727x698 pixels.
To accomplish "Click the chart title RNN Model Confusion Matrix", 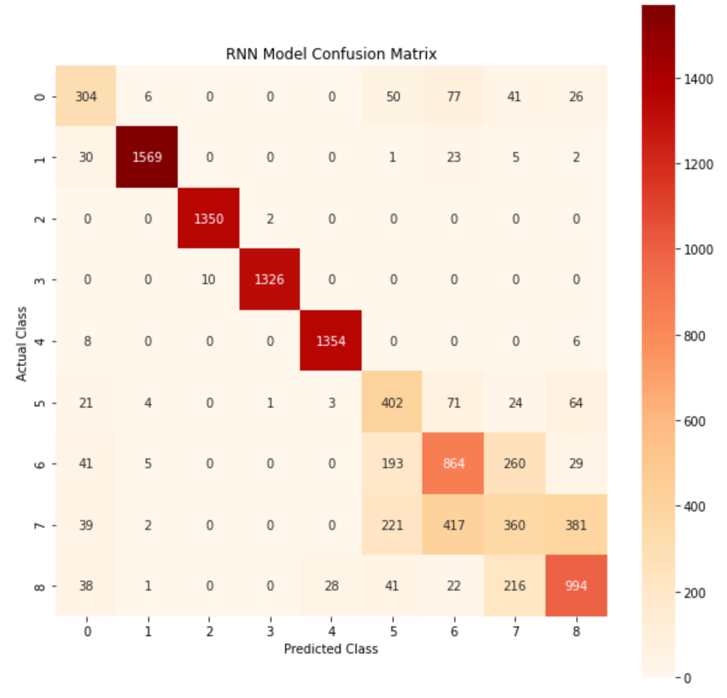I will tap(331, 54).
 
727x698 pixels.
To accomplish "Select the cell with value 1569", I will tap(147, 157).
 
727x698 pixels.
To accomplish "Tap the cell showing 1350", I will tap(209, 219).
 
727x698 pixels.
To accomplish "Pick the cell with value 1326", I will tap(269, 280).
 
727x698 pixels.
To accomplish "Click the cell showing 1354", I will tap(331, 341).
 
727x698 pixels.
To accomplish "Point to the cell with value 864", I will tap(454, 463).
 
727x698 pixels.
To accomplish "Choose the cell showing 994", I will tap(576, 586).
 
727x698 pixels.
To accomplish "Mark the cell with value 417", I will tap(454, 525).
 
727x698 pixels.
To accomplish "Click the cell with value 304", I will tap(86, 96).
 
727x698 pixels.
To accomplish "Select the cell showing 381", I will tap(576, 525).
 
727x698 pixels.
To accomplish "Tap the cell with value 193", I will tap(392, 463).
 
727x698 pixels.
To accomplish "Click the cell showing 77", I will tap(454, 96).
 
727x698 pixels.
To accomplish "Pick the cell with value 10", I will tap(209, 280).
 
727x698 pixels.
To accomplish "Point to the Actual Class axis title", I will tap(22, 343).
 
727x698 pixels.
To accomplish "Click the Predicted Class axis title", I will tap(331, 649).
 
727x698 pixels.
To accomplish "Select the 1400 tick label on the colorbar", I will tap(698, 79).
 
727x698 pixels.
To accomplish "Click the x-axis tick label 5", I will tap(393, 631).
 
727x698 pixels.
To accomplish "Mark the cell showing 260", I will tap(515, 463).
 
